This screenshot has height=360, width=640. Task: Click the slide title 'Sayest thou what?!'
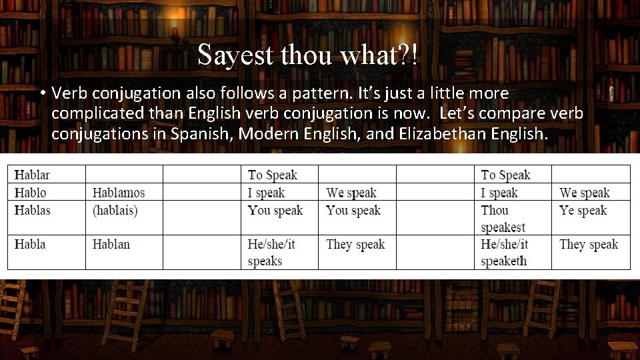tap(308, 55)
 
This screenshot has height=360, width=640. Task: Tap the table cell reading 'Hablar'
tap(32, 175)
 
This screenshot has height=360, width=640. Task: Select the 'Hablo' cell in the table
tap(31, 193)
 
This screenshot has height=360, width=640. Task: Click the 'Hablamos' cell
tap(119, 193)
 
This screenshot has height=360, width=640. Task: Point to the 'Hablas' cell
tap(33, 210)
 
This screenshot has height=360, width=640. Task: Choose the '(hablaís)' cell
tap(115, 210)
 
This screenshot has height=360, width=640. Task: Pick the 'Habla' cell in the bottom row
tap(30, 244)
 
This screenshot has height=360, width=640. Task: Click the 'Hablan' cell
tap(111, 244)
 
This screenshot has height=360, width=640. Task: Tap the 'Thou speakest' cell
tap(503, 219)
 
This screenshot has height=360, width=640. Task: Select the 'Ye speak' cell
tap(583, 210)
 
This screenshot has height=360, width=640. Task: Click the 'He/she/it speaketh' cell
tap(504, 253)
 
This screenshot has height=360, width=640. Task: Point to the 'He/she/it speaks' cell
tap(271, 253)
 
